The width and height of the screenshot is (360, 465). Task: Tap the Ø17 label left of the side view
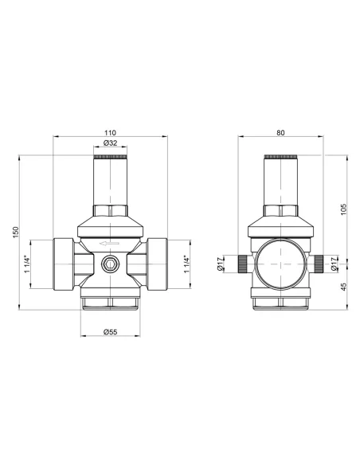coord(221,264)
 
